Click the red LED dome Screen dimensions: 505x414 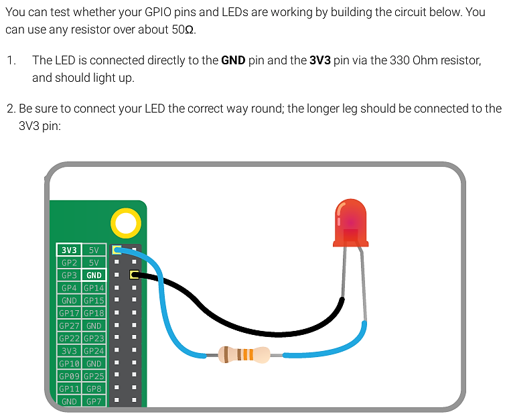tap(351, 223)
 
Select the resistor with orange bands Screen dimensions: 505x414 tap(244, 355)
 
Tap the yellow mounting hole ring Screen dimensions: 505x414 tap(126, 223)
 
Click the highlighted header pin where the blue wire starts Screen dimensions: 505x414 tap(117, 250)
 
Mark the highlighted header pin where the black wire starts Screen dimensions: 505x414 tap(134, 275)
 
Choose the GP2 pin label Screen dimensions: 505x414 tap(69, 263)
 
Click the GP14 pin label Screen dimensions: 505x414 tap(94, 287)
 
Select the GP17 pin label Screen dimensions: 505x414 tap(69, 313)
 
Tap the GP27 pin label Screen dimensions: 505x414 tap(69, 326)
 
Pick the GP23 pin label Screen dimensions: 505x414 tap(94, 338)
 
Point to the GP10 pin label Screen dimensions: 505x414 tap(69, 363)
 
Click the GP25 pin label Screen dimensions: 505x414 tap(94, 376)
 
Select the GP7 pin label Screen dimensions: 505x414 tap(94, 401)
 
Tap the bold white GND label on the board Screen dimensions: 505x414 tap(94, 275)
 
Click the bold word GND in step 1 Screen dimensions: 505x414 tap(233, 60)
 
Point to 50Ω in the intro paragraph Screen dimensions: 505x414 tap(182, 29)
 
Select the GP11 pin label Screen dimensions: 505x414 tap(69, 389)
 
